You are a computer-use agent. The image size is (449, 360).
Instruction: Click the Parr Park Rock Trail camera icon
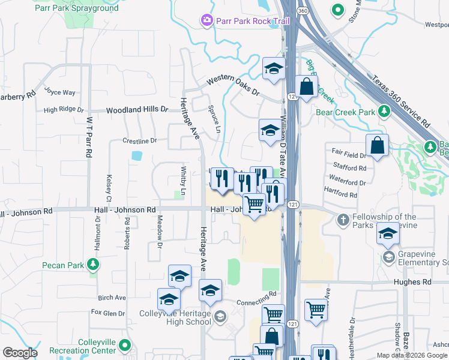[208, 21]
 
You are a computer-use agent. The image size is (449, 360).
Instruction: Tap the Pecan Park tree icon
[92, 265]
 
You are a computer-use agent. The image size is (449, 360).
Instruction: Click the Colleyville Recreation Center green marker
[124, 345]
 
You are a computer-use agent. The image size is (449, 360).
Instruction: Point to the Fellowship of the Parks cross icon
[343, 221]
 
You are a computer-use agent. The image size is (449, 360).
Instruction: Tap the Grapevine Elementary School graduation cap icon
[388, 257]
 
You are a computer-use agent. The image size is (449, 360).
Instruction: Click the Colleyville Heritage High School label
[175, 317]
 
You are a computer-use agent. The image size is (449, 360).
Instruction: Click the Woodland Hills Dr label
[137, 110]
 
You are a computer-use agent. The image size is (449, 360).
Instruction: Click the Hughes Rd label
[412, 281]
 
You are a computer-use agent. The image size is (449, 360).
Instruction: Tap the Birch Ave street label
[112, 298]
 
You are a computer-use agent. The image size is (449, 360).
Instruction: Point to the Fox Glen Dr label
[108, 313]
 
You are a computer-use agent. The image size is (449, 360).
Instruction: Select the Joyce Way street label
[60, 92]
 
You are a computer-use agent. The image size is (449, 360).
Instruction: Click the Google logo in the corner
[20, 353]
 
